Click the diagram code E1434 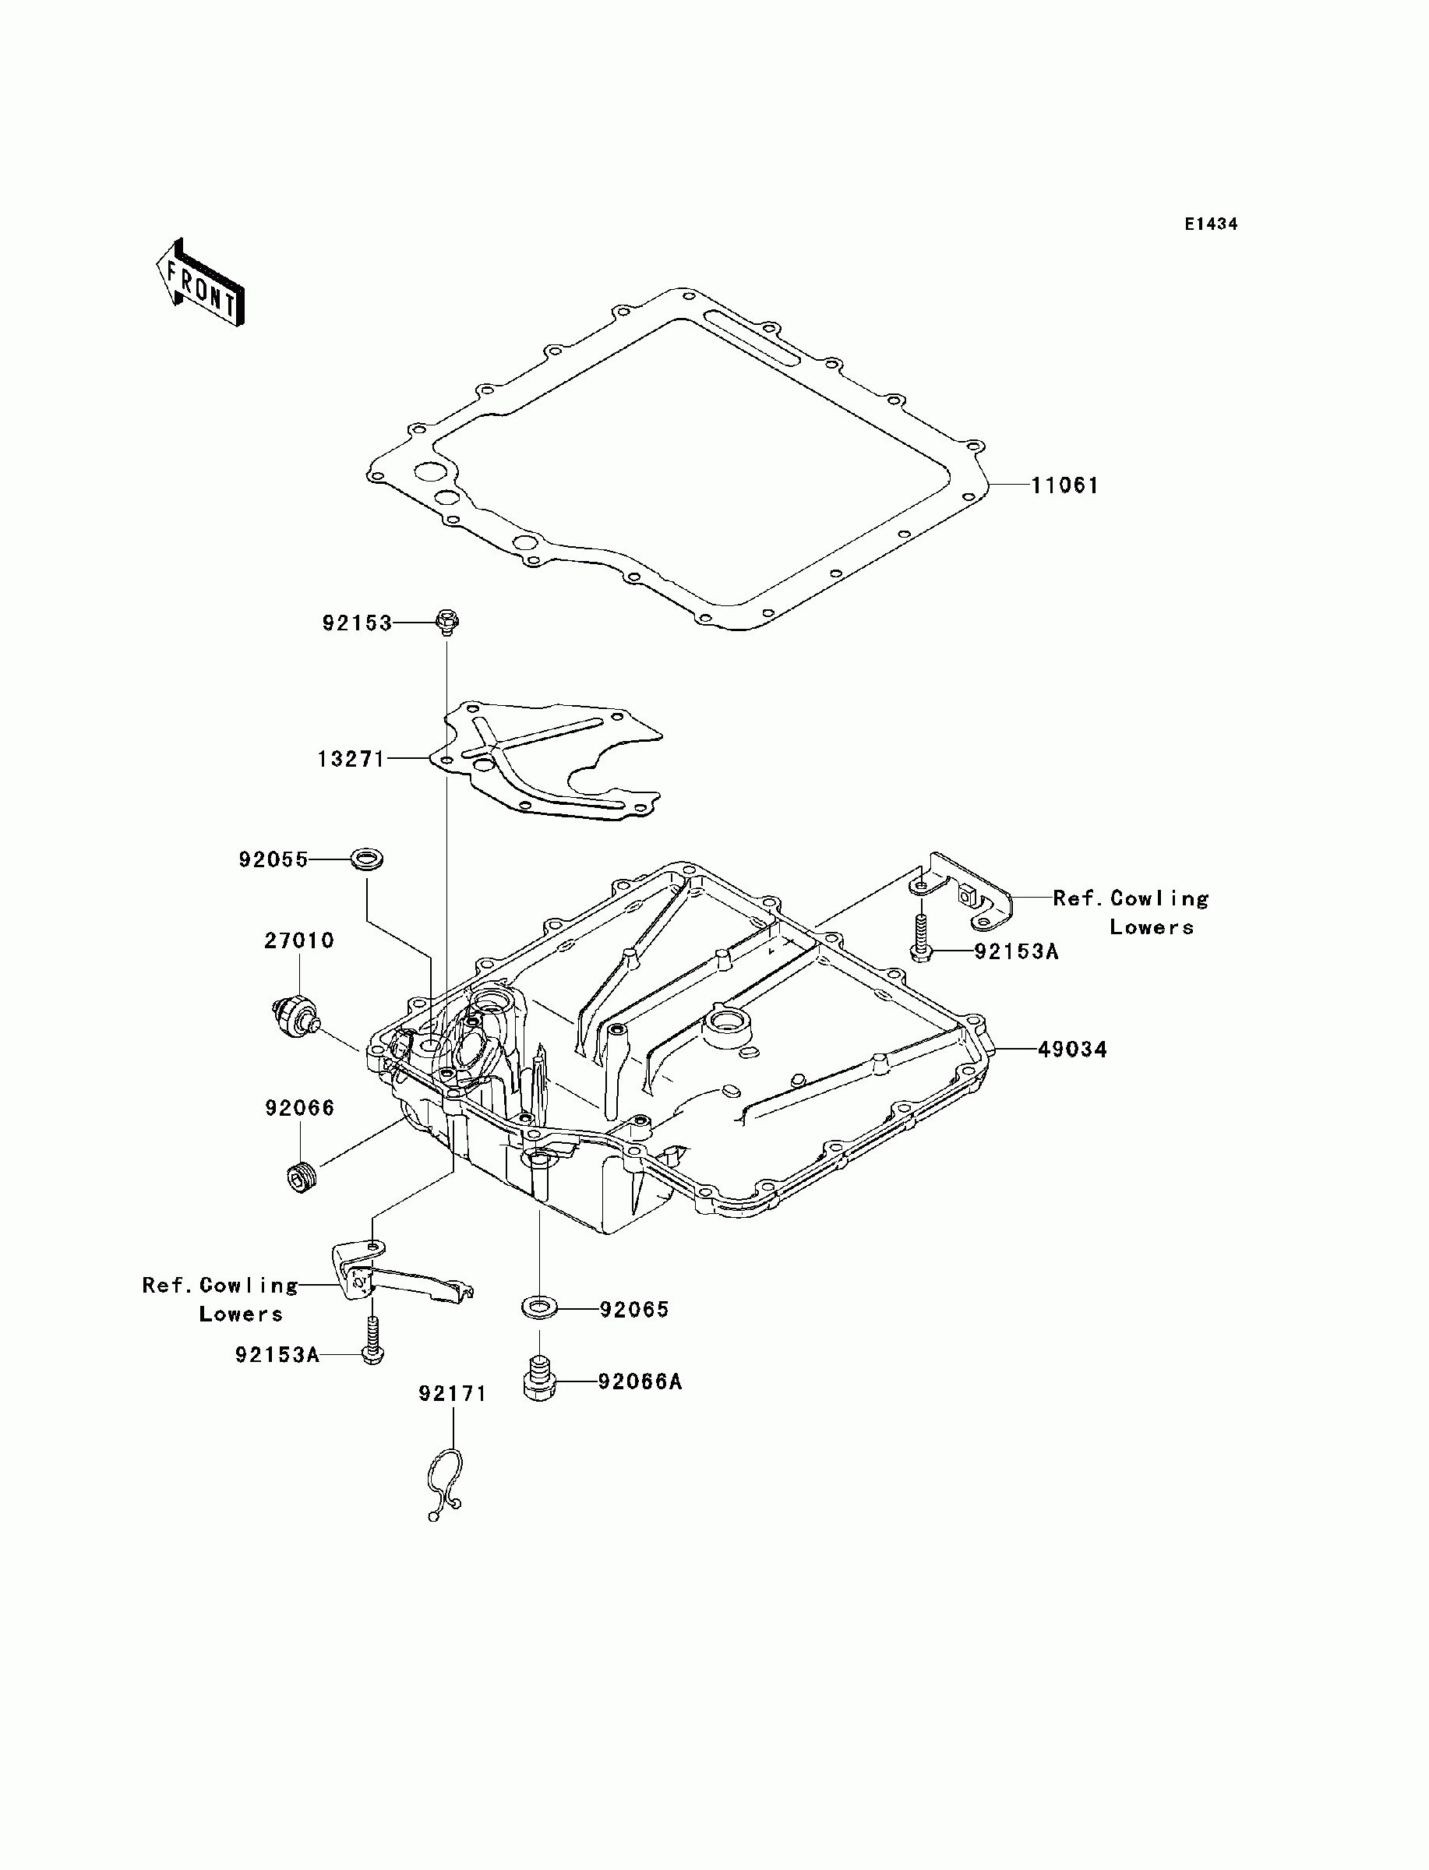1212,224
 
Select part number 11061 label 1065,485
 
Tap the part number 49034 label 1072,1050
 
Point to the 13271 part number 351,759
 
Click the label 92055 273,859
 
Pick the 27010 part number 298,940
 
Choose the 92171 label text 453,1394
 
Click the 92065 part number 633,1310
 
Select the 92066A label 640,1382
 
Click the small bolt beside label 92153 446,623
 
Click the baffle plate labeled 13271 553,761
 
